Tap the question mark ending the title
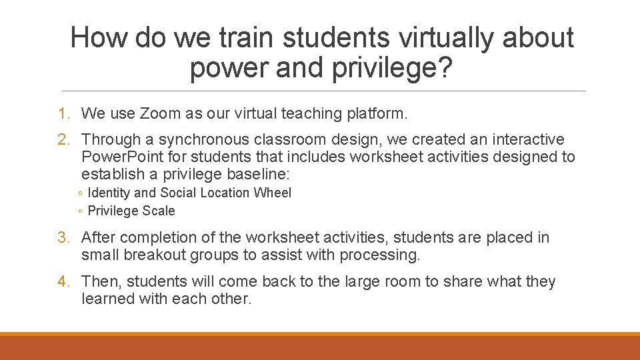click(x=443, y=69)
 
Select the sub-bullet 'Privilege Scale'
click(x=131, y=211)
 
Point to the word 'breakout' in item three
click(x=153, y=255)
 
